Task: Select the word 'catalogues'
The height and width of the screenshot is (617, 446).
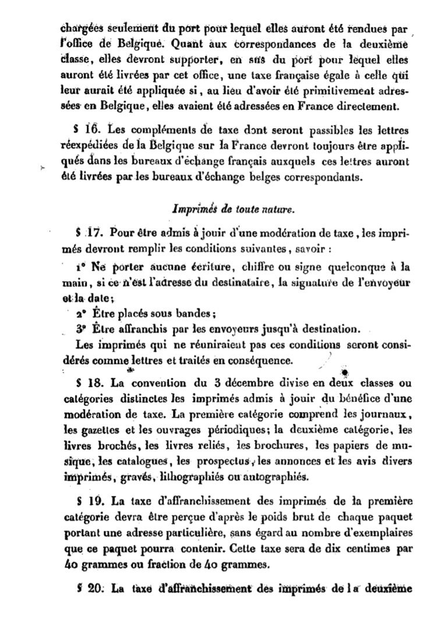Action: point(140,463)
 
